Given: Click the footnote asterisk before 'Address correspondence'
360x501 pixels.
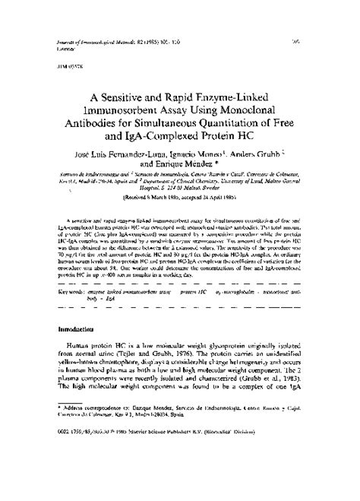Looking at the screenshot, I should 60,430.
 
